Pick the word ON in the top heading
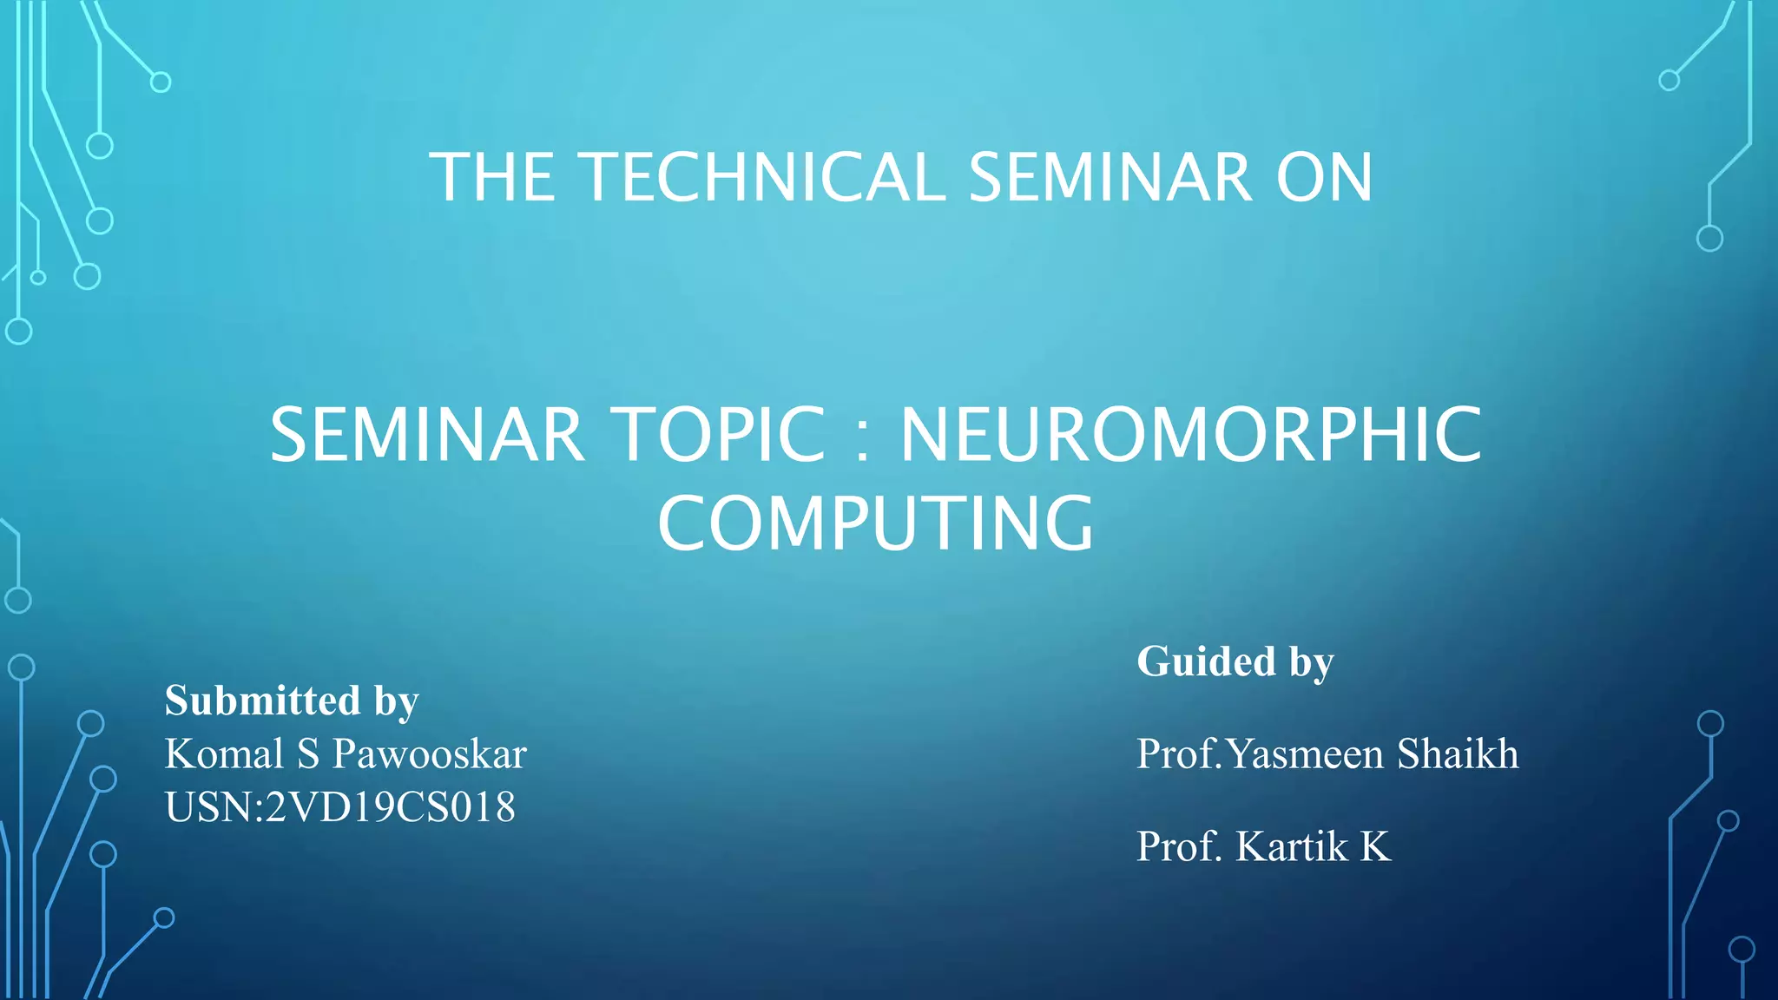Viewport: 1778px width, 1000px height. [x=1324, y=177]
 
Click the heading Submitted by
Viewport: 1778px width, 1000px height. [x=292, y=701]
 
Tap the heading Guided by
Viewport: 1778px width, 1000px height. [x=1235, y=662]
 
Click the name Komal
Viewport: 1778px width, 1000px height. [x=224, y=754]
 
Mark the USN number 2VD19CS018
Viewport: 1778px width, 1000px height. [x=390, y=807]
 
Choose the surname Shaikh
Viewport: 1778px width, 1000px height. [x=1458, y=753]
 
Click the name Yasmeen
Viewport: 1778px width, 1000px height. [x=1306, y=753]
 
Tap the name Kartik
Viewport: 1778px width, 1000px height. [x=1292, y=846]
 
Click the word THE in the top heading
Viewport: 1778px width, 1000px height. [x=492, y=177]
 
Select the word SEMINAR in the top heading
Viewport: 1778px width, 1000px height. [x=1110, y=177]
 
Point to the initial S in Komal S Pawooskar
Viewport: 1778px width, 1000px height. [x=308, y=754]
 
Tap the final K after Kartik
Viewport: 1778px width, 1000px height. [x=1374, y=846]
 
